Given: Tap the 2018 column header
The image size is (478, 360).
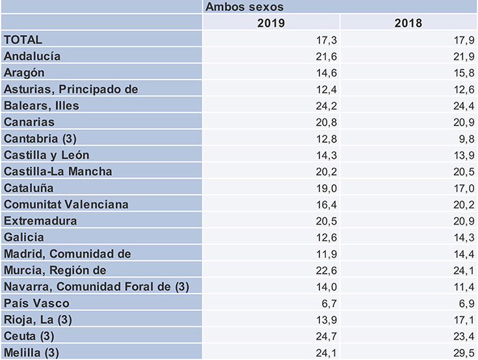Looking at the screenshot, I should tap(408, 23).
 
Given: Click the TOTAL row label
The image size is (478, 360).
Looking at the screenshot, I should tap(23, 40).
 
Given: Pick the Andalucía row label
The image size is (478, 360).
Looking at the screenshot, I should tap(33, 57).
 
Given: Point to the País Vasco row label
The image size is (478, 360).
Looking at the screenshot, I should tap(36, 303).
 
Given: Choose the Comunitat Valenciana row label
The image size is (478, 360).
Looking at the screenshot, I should tap(66, 204).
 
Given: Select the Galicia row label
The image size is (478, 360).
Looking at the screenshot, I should tap(25, 237).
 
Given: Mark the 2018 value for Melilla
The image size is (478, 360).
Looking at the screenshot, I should tap(460, 352).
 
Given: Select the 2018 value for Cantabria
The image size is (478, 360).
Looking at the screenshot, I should tap(463, 139).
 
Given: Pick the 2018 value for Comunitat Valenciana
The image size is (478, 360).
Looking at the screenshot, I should tap(460, 204).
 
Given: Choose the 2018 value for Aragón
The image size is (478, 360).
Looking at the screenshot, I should tap(460, 73).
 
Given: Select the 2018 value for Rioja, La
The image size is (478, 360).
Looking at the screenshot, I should tap(460, 320).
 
